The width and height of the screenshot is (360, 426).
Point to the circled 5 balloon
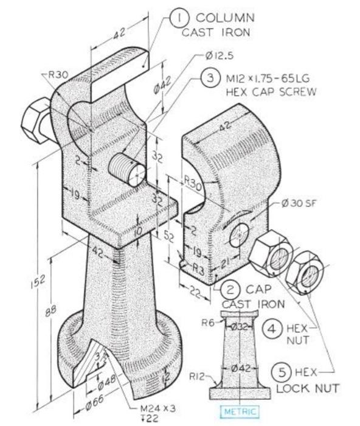point(282,371)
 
